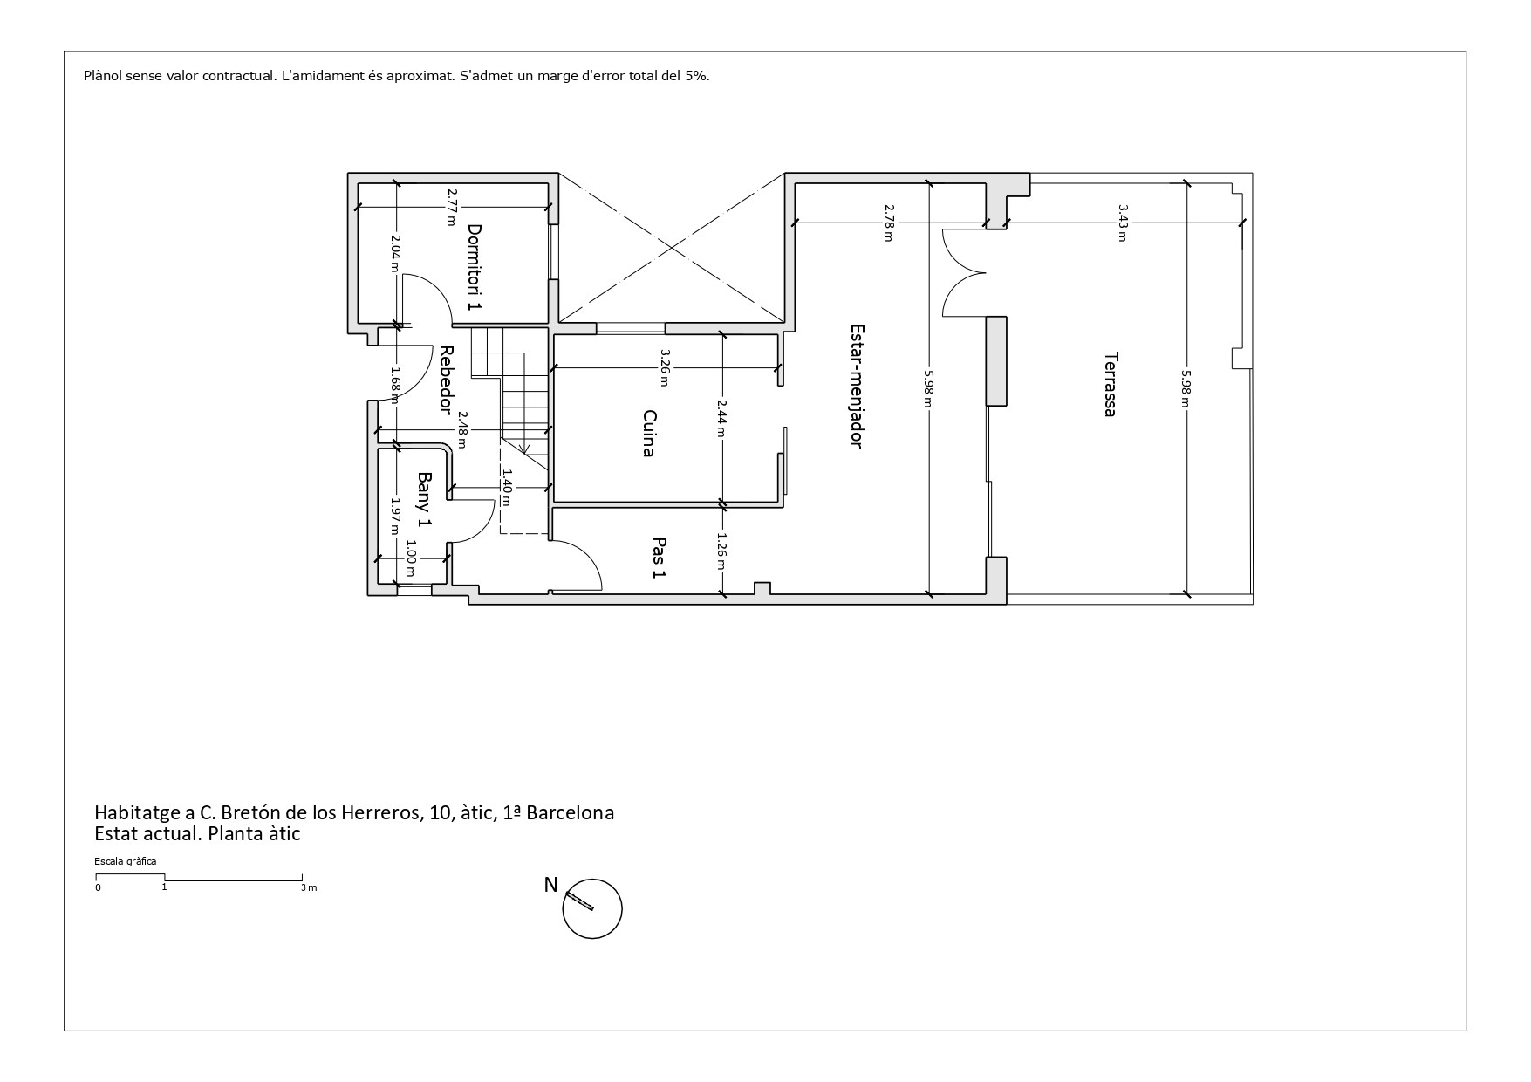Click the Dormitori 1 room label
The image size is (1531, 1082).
[x=475, y=267]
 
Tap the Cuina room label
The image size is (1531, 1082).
[x=649, y=433]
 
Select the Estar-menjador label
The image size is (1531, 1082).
[x=857, y=386]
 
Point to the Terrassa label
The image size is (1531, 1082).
[x=1110, y=384]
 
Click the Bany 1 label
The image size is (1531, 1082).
[x=425, y=499]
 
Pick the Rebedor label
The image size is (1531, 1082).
[x=446, y=380]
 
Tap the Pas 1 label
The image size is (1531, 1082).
[x=660, y=558]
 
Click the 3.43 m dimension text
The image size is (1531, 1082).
[x=1123, y=223]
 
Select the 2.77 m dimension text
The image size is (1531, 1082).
[x=451, y=207]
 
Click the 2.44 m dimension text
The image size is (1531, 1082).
[x=721, y=418]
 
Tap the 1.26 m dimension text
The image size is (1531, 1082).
[x=721, y=551]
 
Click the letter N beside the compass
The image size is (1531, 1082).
[x=550, y=885]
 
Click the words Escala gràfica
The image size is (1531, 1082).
[x=126, y=861]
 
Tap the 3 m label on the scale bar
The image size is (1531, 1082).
[x=309, y=888]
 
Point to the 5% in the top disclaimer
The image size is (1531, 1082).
[x=697, y=75]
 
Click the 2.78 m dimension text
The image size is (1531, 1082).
[x=889, y=223]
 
